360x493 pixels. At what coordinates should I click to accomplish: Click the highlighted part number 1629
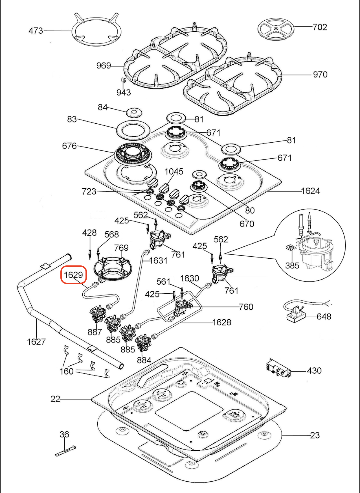point(73,274)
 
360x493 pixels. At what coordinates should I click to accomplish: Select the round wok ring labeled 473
point(96,31)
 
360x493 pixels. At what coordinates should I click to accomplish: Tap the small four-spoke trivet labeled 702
point(276,29)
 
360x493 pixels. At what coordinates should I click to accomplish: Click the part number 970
point(320,75)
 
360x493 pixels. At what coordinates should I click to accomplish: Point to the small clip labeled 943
point(123,80)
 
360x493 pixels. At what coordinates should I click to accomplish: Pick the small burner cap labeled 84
point(134,112)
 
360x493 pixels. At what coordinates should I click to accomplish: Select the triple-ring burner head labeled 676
point(133,154)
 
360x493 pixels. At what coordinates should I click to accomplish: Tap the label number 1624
point(310,191)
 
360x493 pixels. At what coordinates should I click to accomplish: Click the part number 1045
point(174,171)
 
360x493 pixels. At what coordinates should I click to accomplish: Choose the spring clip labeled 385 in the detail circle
point(291,248)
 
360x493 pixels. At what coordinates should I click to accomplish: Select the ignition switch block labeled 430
point(278,368)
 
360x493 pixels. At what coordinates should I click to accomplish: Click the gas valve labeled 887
point(97,314)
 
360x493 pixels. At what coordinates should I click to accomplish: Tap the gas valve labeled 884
point(143,342)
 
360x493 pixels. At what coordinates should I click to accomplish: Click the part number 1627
point(36,342)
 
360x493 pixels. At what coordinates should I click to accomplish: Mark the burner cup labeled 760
point(182,308)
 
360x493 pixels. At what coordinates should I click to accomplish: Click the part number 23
point(315,435)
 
